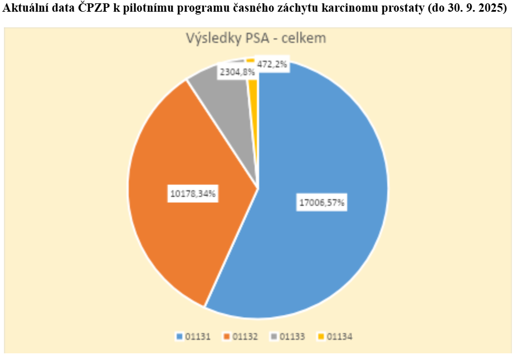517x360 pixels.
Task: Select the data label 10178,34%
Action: pos(193,194)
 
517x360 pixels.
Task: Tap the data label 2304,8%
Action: pos(237,71)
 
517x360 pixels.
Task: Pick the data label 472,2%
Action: pos(272,64)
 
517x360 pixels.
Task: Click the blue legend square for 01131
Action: pos(179,337)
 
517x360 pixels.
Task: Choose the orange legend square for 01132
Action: pos(227,337)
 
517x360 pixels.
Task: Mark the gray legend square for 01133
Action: pos(274,337)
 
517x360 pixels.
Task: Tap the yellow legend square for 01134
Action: pos(321,337)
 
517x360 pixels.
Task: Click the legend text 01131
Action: pos(197,337)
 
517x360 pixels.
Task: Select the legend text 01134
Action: pos(339,337)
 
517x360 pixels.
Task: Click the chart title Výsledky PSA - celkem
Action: pos(256,38)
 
